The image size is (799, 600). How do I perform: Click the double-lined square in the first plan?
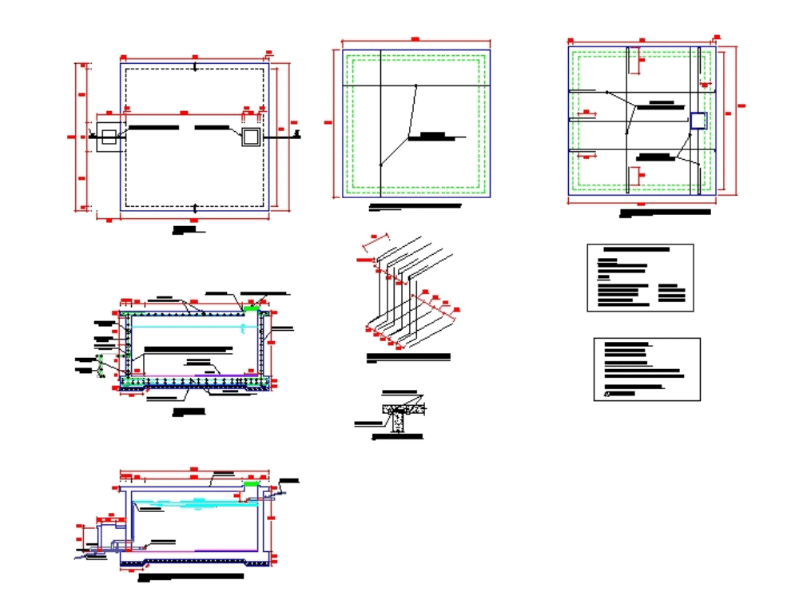252,137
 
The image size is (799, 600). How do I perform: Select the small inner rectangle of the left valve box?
108,137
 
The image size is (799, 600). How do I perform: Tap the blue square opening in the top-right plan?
698,121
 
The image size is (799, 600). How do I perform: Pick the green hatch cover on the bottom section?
251,484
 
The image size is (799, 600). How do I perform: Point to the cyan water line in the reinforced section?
192,327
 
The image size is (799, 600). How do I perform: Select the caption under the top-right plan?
665,213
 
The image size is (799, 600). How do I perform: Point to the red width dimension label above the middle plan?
415,38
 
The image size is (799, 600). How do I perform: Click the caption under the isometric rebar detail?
407,356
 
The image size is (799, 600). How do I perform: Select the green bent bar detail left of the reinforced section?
101,368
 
